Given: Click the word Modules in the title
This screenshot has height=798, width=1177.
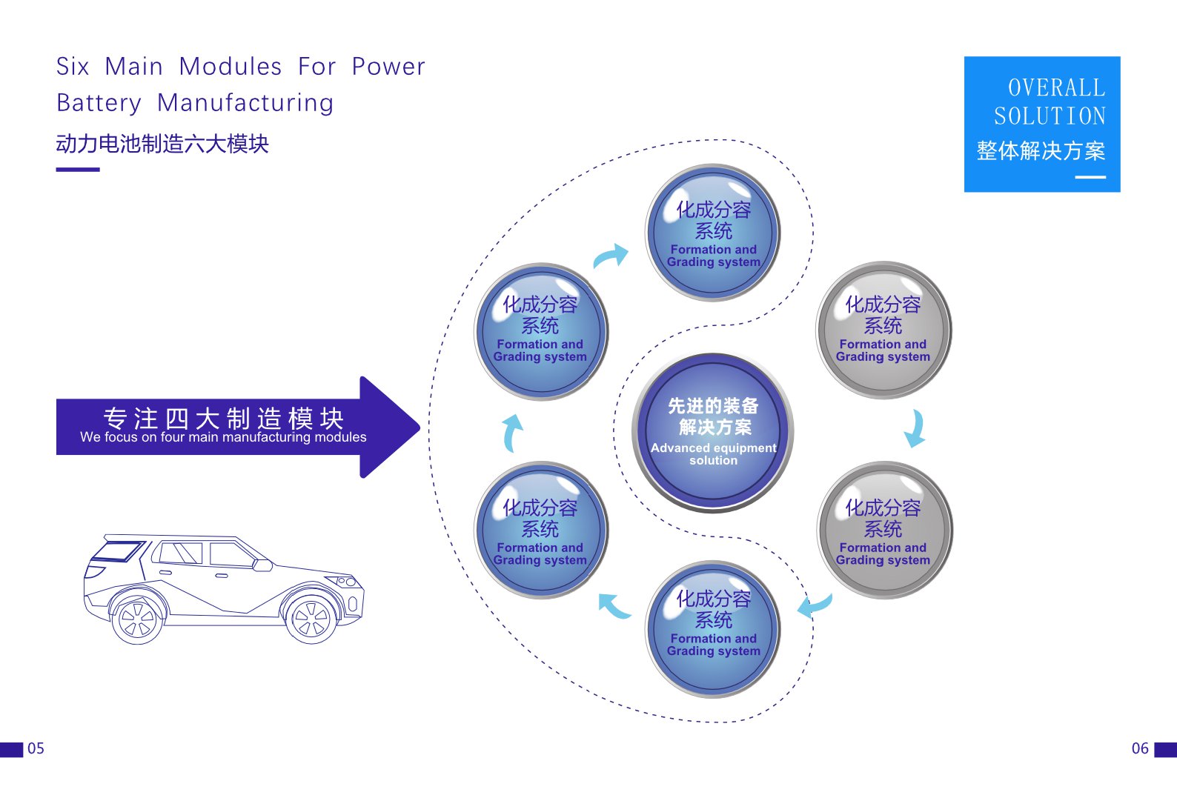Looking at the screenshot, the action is [x=231, y=67].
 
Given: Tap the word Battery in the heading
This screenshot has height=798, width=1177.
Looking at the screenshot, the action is [x=99, y=103].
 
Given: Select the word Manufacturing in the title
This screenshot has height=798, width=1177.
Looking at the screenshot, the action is [x=245, y=103].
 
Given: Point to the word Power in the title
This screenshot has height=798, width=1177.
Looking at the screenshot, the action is [x=388, y=67].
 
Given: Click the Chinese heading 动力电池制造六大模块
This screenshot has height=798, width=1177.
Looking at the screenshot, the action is [x=162, y=144].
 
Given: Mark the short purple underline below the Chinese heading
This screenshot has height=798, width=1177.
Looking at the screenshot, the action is [x=78, y=169].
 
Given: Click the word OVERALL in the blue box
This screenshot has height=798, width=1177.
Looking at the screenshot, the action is [x=1057, y=87].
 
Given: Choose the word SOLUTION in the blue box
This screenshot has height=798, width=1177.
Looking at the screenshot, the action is [x=1050, y=116].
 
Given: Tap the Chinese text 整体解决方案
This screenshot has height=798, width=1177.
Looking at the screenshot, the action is [x=1041, y=150].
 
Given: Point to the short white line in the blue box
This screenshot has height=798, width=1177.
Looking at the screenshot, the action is [x=1090, y=177].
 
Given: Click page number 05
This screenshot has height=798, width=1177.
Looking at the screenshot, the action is [x=36, y=748].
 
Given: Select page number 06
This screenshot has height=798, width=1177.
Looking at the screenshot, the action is [x=1140, y=748].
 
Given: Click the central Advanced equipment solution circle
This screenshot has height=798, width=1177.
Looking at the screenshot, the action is [x=713, y=433].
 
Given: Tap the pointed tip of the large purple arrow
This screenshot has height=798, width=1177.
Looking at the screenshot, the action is [x=420, y=427].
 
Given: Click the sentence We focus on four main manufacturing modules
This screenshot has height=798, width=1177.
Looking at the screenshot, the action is [x=223, y=437].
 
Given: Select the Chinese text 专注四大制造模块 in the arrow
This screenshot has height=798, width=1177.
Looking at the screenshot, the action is [x=223, y=418].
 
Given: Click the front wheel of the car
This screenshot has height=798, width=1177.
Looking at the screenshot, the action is [x=311, y=619].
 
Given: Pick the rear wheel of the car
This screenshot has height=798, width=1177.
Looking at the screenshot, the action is [x=137, y=620].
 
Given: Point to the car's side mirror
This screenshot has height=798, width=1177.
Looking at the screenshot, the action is [x=262, y=565].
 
